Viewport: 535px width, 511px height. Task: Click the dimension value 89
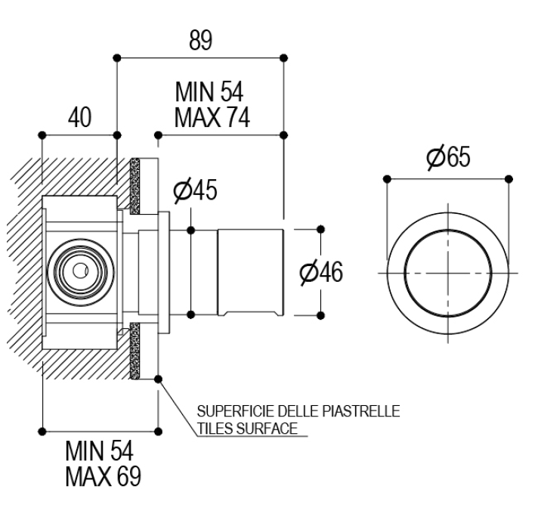coord(200,41)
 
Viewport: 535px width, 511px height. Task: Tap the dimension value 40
coord(79,118)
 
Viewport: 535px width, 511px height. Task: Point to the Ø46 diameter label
coord(321,273)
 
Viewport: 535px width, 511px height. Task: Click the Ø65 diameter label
coord(447,158)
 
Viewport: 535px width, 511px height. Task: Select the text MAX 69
coord(102,478)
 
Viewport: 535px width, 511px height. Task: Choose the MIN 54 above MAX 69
coord(99,454)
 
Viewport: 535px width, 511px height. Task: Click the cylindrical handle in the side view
coord(250,271)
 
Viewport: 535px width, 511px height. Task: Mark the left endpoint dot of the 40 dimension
coord(42,135)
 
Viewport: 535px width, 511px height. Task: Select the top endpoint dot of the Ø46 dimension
coord(320,228)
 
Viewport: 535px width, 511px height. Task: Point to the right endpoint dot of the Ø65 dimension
coord(509,178)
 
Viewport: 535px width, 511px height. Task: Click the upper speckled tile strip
coord(137,184)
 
